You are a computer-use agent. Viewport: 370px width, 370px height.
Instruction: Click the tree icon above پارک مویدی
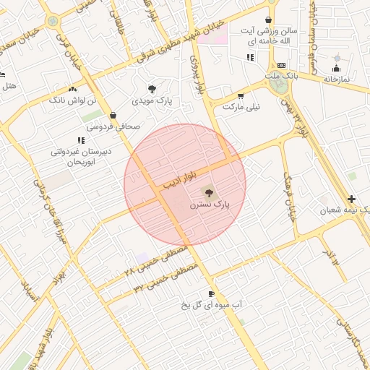click(152, 90)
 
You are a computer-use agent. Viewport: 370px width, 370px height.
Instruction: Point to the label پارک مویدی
click(152, 102)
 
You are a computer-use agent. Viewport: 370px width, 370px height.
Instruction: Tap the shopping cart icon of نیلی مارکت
click(241, 95)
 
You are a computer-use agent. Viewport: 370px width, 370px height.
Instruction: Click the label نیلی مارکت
click(240, 107)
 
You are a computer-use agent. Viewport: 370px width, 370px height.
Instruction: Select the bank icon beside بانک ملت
click(281, 66)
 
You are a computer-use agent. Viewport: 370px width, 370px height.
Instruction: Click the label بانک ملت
click(280, 76)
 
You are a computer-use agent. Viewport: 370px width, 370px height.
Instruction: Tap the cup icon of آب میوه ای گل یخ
click(211, 293)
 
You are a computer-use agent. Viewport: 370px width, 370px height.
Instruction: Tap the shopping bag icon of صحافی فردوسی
click(113, 115)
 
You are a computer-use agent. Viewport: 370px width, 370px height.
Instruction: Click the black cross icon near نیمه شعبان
click(351, 199)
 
